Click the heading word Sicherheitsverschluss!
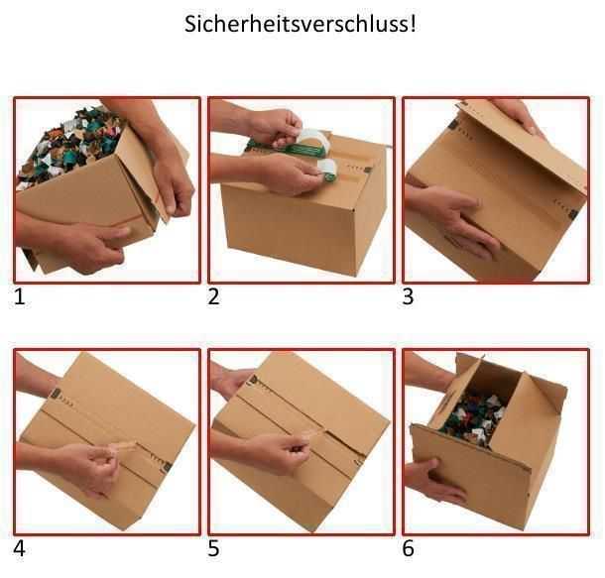pyautogui.click(x=301, y=24)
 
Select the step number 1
pyautogui.click(x=20, y=297)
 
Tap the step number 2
pyautogui.click(x=214, y=297)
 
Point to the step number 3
pyautogui.click(x=408, y=297)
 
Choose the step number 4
pyautogui.click(x=20, y=548)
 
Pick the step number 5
pyautogui.click(x=214, y=548)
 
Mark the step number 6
pyautogui.click(x=408, y=548)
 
